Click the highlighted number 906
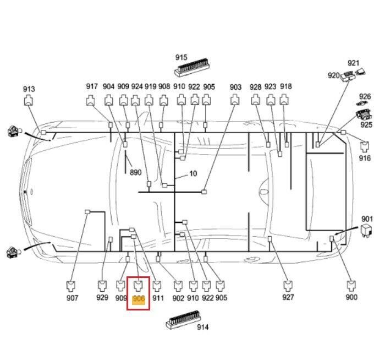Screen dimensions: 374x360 tap(139, 298)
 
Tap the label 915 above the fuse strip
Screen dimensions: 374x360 tap(182, 57)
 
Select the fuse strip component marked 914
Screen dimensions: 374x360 tap(183, 319)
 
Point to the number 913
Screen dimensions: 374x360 tap(29, 89)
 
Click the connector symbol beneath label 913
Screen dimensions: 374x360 tap(29, 100)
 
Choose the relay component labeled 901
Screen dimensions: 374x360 tap(366, 230)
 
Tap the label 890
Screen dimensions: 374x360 tap(135, 172)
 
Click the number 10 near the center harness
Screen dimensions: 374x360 tap(193, 173)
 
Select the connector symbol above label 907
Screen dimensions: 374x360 tap(70, 286)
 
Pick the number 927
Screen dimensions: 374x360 tap(288, 297)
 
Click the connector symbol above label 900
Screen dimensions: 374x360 tap(351, 286)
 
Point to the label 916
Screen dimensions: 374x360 tap(365, 158)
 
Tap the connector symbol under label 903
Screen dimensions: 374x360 tap(235, 100)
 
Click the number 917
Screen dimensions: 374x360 tap(92, 86)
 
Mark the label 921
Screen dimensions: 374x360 tap(353, 63)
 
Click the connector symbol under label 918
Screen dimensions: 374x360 tap(284, 100)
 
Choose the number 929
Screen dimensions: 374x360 tap(102, 297)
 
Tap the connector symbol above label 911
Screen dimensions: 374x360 tap(157, 286)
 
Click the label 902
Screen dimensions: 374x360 tap(178, 298)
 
